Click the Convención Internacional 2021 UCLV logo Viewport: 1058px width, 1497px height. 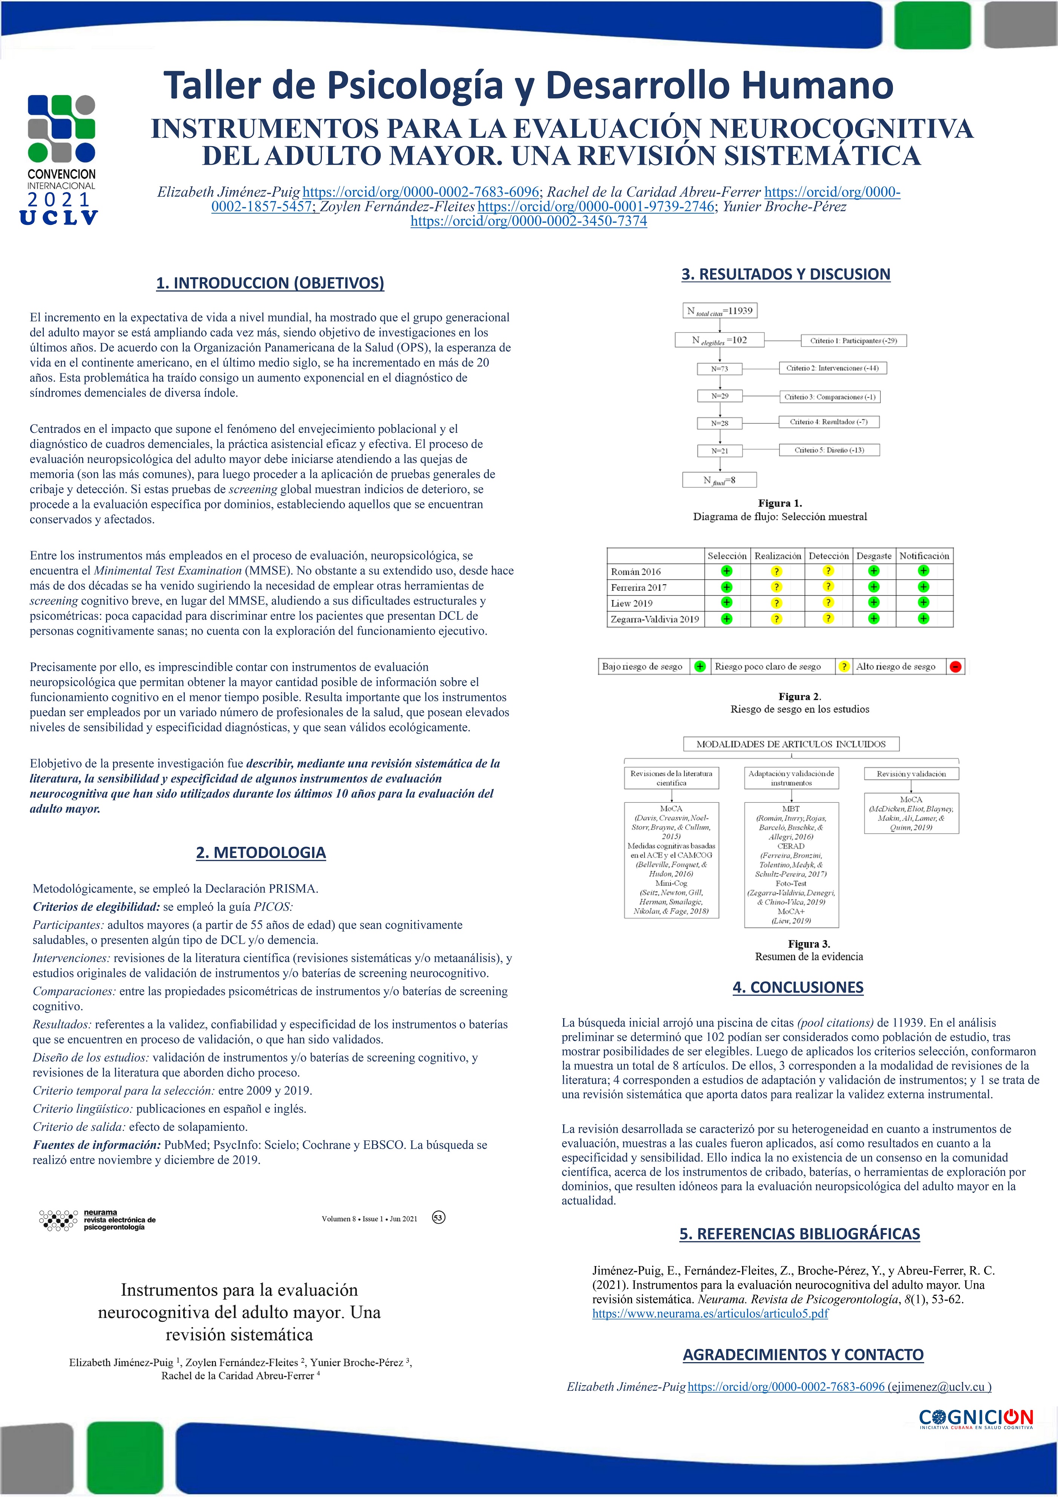point(62,160)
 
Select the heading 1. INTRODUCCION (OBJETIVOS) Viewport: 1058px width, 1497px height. point(270,283)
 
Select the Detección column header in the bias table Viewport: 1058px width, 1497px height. point(828,556)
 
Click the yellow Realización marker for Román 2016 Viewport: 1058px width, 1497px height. point(776,571)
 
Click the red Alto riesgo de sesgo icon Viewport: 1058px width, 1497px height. point(955,666)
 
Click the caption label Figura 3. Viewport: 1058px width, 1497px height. point(809,944)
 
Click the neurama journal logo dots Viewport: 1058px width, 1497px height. point(59,1220)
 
